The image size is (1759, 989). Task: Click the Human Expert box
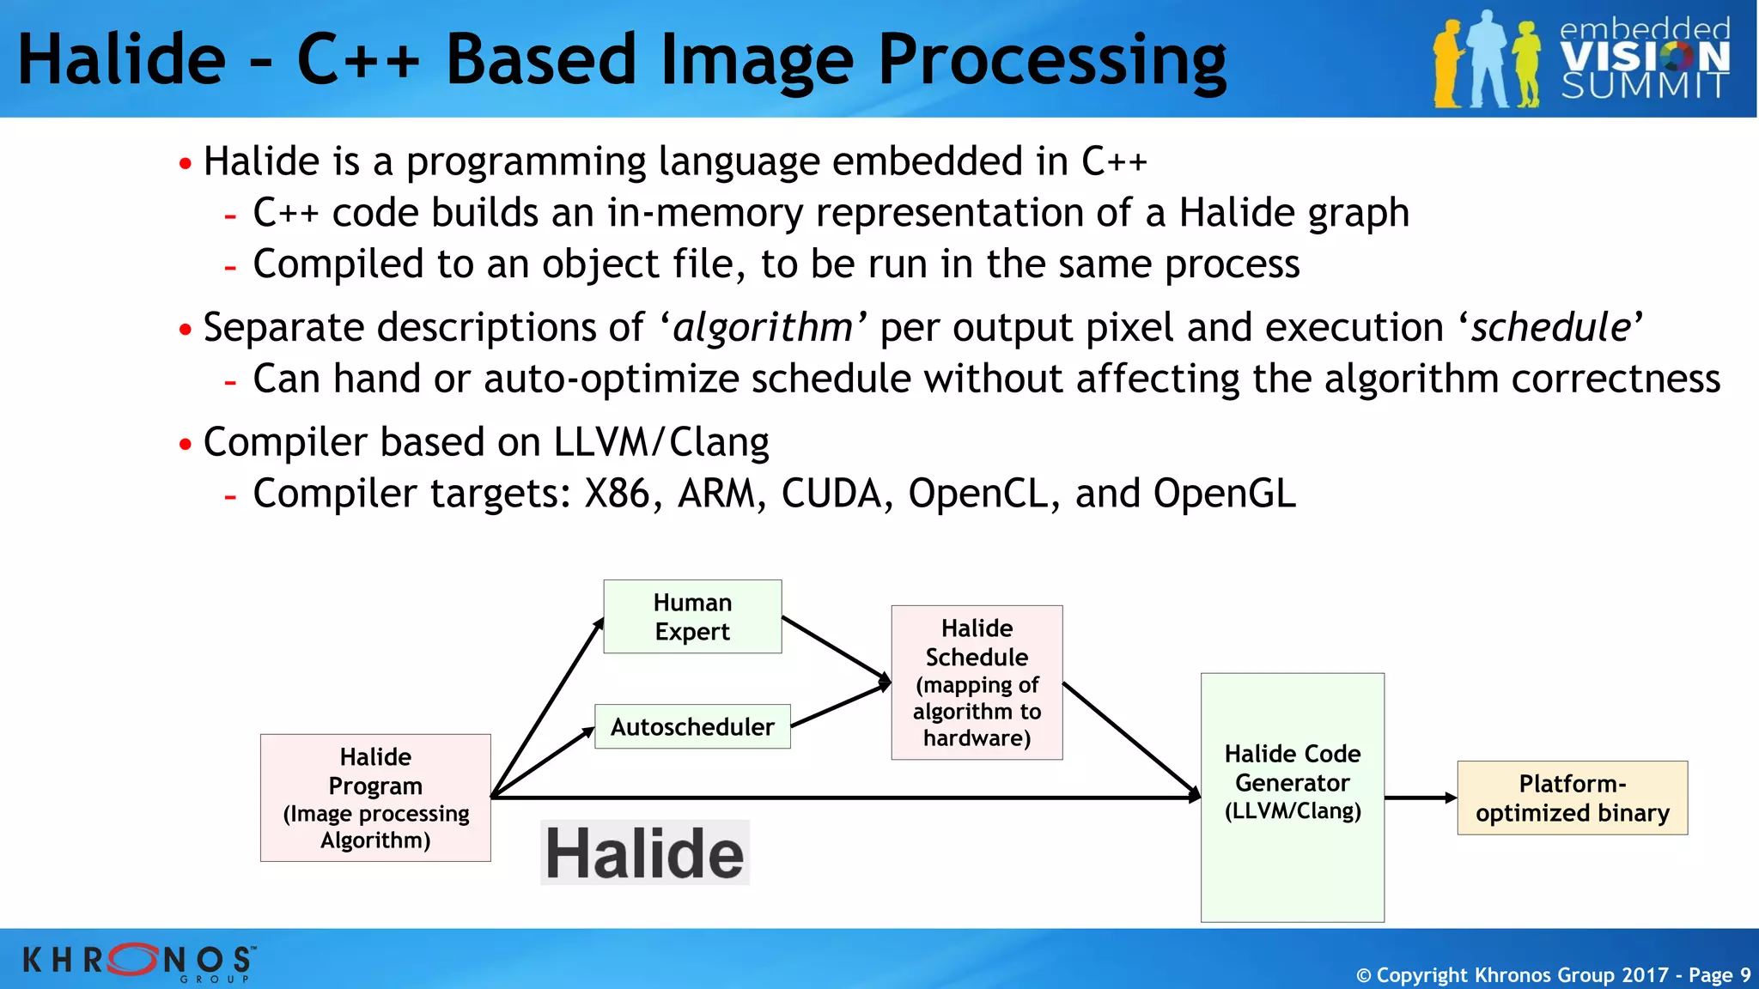pyautogui.click(x=692, y=616)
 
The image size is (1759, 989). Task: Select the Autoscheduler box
pyautogui.click(x=692, y=727)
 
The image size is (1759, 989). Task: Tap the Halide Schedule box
pyautogui.click(x=977, y=683)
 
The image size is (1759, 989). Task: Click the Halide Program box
pyautogui.click(x=375, y=798)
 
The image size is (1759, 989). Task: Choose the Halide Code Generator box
pyautogui.click(x=1292, y=797)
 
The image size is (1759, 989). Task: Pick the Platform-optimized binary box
pyautogui.click(x=1572, y=798)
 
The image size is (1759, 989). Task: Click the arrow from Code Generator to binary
pyautogui.click(x=1420, y=798)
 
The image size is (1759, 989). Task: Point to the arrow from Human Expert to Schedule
pyautogui.click(x=835, y=648)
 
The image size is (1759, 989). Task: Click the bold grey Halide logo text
pyautogui.click(x=644, y=853)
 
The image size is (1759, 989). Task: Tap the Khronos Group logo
pyautogui.click(x=137, y=961)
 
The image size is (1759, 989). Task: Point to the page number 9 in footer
pyautogui.click(x=1744, y=975)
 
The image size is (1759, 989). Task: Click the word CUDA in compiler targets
pyautogui.click(x=831, y=494)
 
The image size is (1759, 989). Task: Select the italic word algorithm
pyautogui.click(x=763, y=327)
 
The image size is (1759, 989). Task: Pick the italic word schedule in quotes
pyautogui.click(x=1550, y=327)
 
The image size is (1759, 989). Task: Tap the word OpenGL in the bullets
pyautogui.click(x=1224, y=494)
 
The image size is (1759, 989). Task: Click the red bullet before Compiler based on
pyautogui.click(x=186, y=445)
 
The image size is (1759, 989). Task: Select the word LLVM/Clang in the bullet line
pyautogui.click(x=660, y=442)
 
